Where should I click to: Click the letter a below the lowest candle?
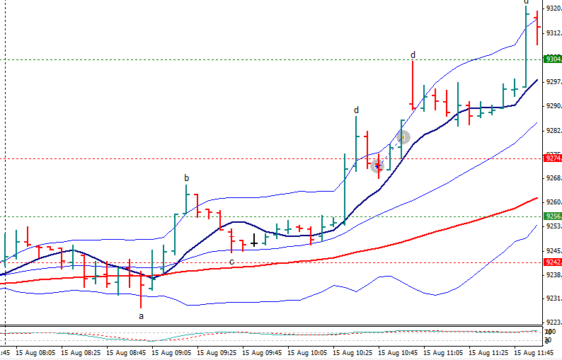click(141, 316)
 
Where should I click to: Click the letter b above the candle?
click(187, 178)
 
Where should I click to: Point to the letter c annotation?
click(231, 262)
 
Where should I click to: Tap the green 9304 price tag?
click(552, 59)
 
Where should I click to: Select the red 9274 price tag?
click(552, 158)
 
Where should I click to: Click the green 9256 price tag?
click(552, 216)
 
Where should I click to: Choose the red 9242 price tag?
click(552, 262)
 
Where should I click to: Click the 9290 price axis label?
click(553, 106)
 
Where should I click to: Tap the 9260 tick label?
click(553, 202)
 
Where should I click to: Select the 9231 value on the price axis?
click(553, 298)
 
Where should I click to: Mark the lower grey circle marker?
click(377, 166)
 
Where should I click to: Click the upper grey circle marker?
click(403, 137)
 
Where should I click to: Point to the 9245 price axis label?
click(553, 250)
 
